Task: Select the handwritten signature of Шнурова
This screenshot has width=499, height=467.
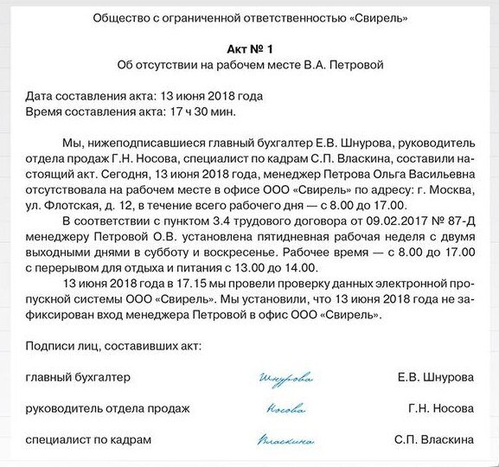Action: [286, 378]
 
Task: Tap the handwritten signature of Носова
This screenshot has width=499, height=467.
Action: [286, 408]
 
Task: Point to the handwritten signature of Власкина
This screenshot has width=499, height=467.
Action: [286, 439]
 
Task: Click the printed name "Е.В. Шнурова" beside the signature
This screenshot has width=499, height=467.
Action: [435, 378]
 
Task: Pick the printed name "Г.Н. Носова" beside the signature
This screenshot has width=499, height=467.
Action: [440, 408]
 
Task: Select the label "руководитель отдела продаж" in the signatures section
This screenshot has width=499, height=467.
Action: [108, 408]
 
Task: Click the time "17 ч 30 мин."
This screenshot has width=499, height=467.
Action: [199, 111]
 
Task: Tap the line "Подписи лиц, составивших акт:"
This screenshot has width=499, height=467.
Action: [114, 346]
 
